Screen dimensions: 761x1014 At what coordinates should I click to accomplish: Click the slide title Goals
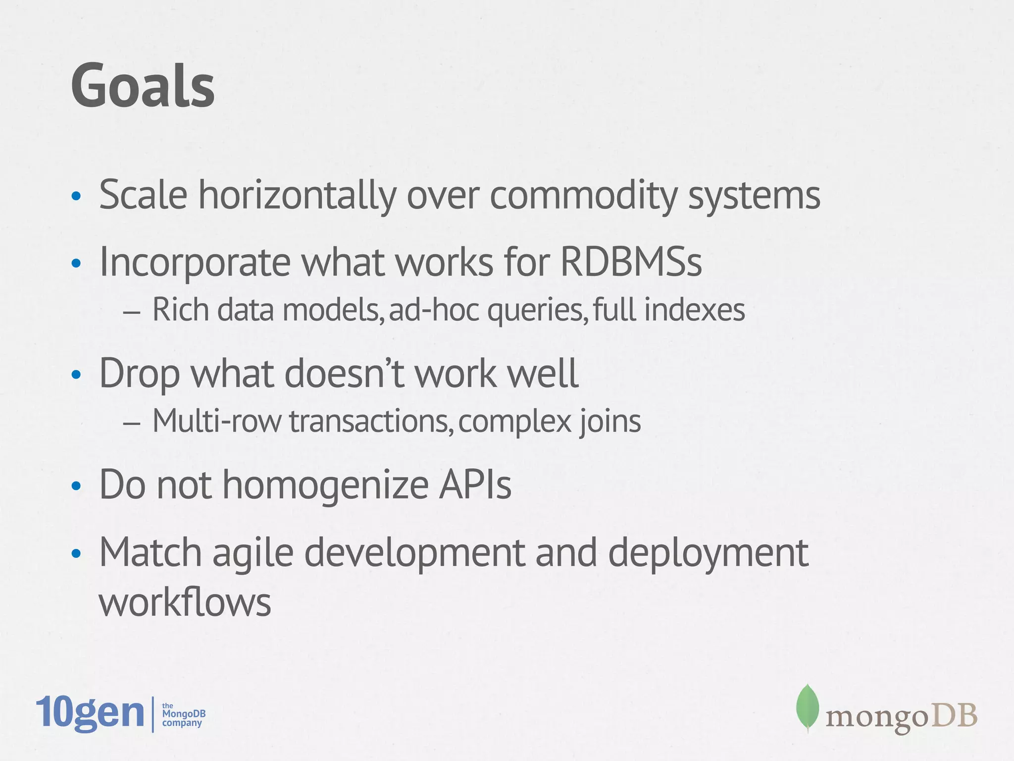click(143, 85)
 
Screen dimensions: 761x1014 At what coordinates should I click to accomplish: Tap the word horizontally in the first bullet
click(297, 195)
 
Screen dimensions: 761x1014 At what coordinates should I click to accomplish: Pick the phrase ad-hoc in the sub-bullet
click(434, 310)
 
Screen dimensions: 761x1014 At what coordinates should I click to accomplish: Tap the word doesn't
click(345, 373)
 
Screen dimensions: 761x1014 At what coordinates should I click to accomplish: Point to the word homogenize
click(325, 485)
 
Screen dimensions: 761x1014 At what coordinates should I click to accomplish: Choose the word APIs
click(475, 484)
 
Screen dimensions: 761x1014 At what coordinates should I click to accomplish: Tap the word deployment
click(708, 552)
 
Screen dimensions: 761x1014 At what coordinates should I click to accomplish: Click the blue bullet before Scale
click(76, 196)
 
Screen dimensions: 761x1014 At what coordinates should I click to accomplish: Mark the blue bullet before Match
click(76, 554)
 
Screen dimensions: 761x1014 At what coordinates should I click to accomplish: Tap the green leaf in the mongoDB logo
click(807, 707)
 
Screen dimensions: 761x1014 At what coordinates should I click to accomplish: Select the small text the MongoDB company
click(183, 714)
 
